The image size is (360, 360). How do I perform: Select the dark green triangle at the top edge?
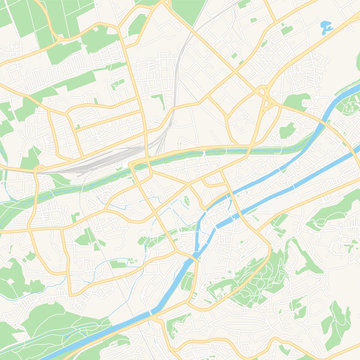point(187,10)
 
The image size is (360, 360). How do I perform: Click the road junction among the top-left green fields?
point(60,40)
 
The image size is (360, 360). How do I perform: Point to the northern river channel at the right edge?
point(350,150)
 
